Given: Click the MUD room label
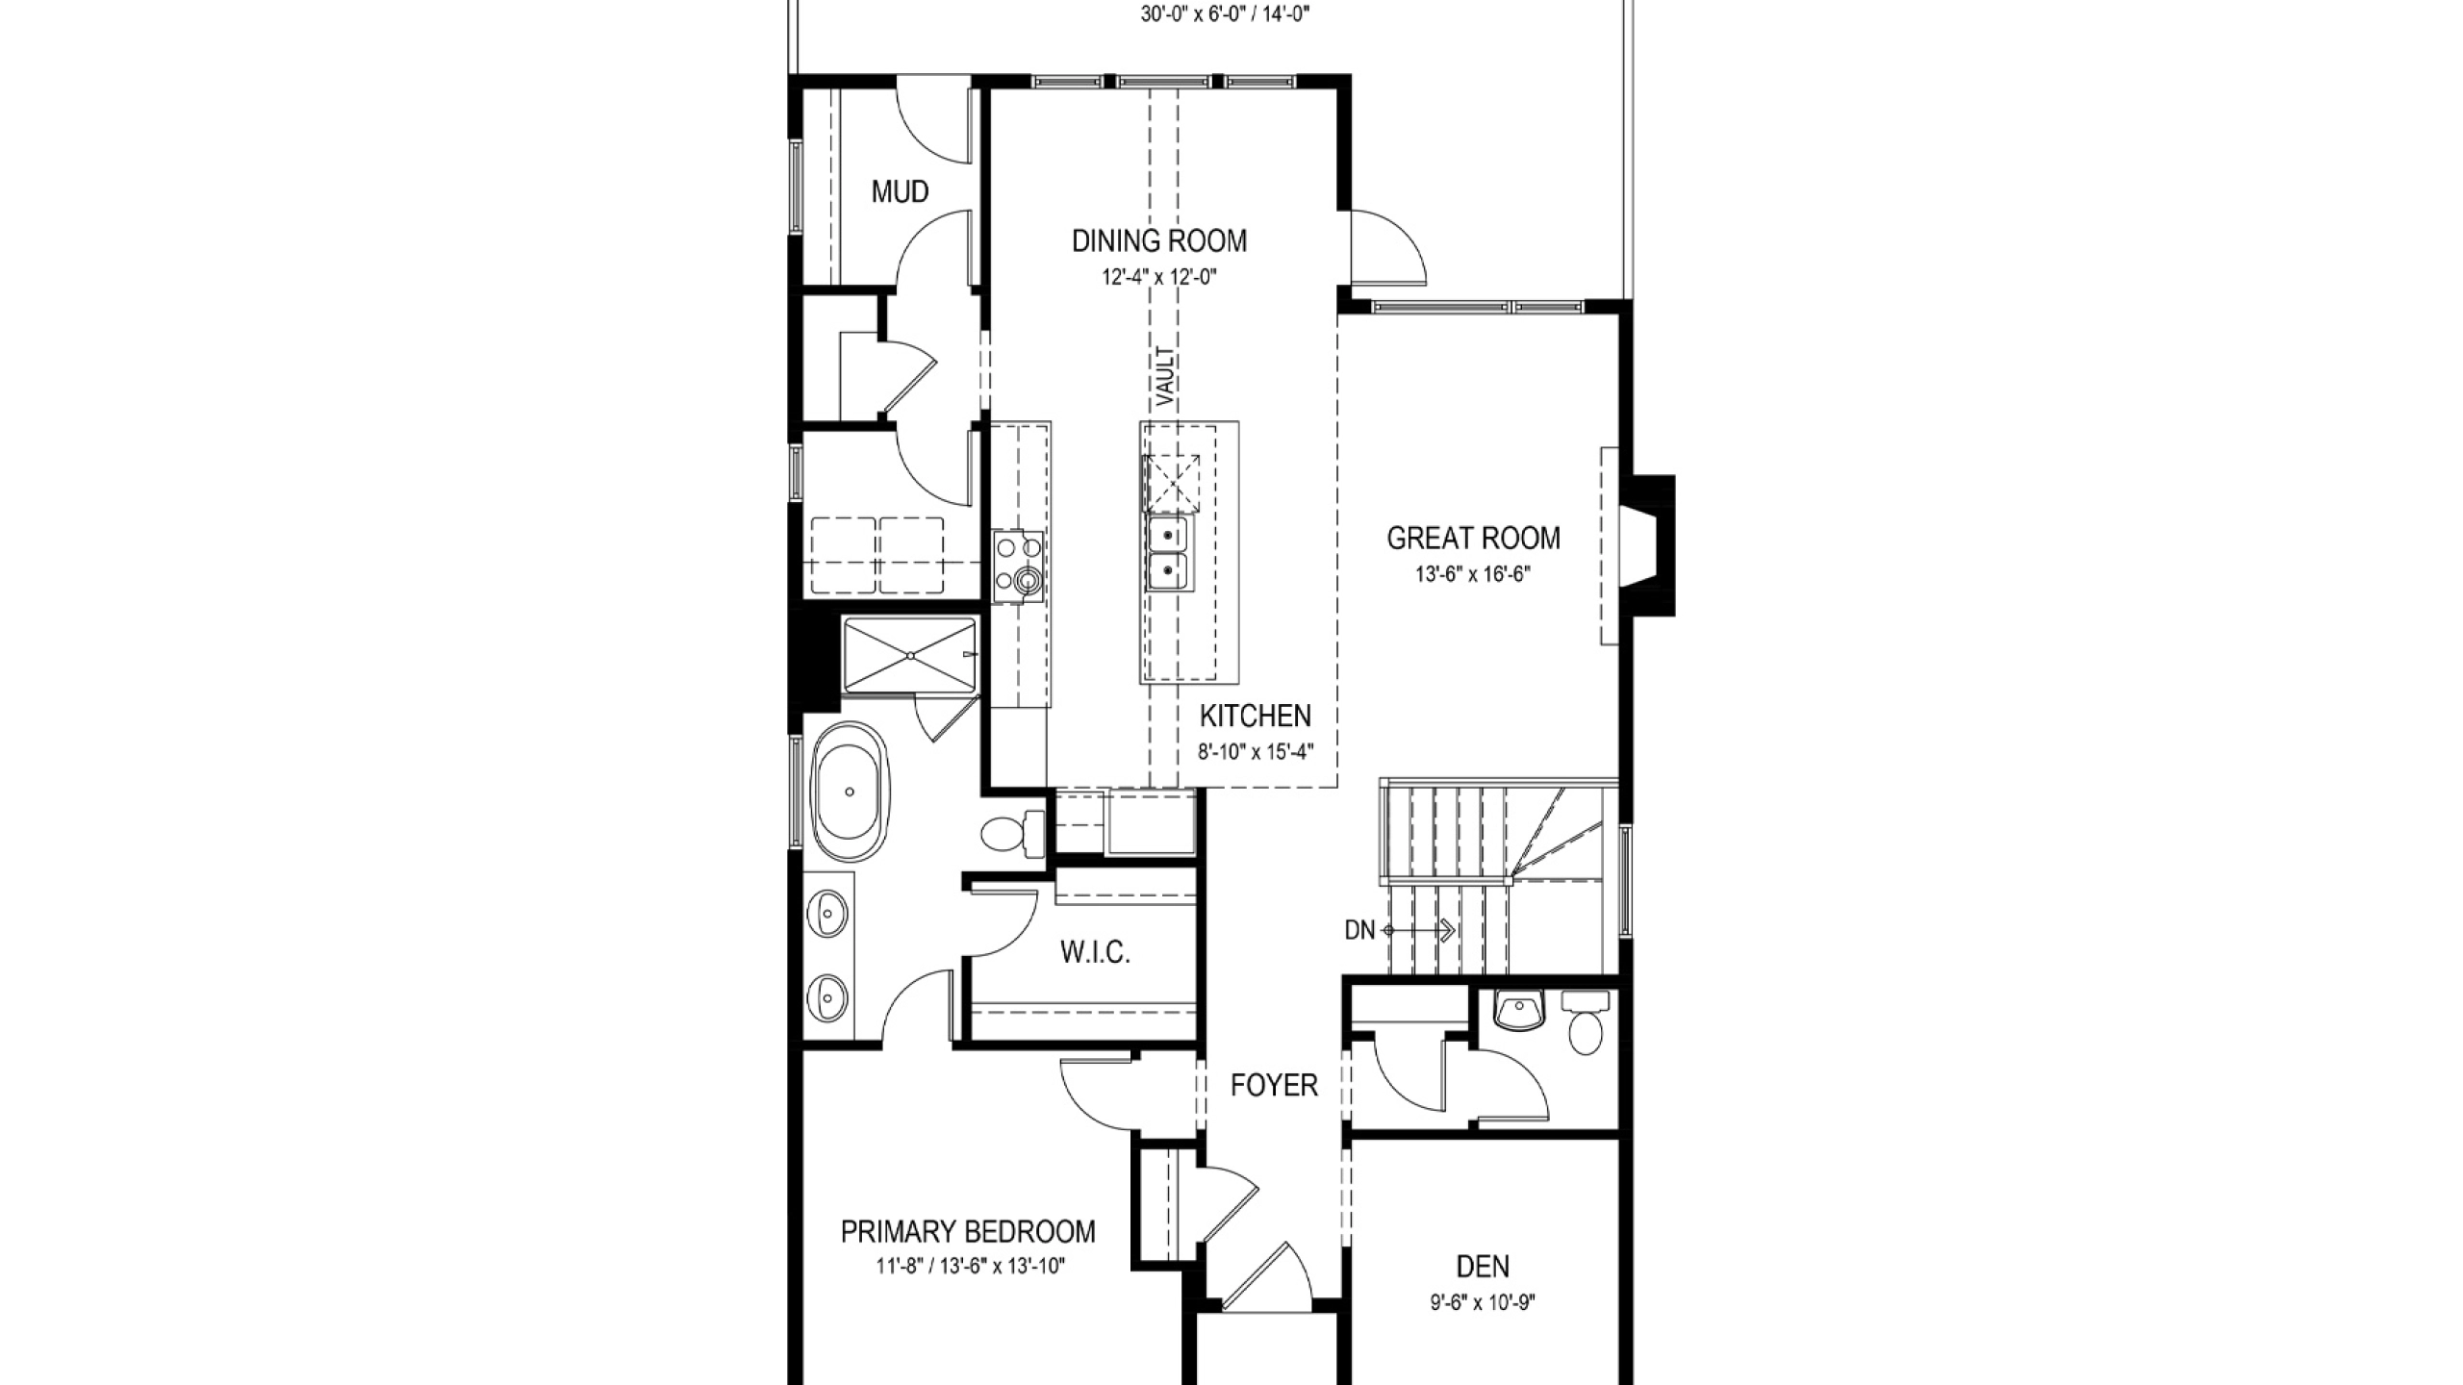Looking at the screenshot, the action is click(x=900, y=192).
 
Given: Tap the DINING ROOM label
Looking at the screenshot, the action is click(x=1159, y=240).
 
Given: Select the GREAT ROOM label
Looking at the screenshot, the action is click(x=1473, y=538).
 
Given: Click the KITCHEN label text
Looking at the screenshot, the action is click(x=1256, y=716).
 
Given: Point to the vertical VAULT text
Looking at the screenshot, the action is click(x=1165, y=376).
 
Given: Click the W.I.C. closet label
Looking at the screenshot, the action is click(x=1095, y=952).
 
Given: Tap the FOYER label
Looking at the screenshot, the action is click(x=1274, y=1085).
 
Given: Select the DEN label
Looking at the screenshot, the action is click(x=1483, y=1266).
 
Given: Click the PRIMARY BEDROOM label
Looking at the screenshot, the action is click(x=968, y=1231).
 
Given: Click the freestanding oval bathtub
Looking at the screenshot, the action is click(x=178, y=793).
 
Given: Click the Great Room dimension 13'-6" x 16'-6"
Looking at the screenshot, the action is click(x=1473, y=574).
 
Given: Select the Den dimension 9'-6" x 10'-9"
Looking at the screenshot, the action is click(x=1483, y=1303).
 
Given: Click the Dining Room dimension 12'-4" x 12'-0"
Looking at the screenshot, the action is click(x=1159, y=277).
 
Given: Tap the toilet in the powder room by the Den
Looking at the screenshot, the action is click(x=1585, y=1025).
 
